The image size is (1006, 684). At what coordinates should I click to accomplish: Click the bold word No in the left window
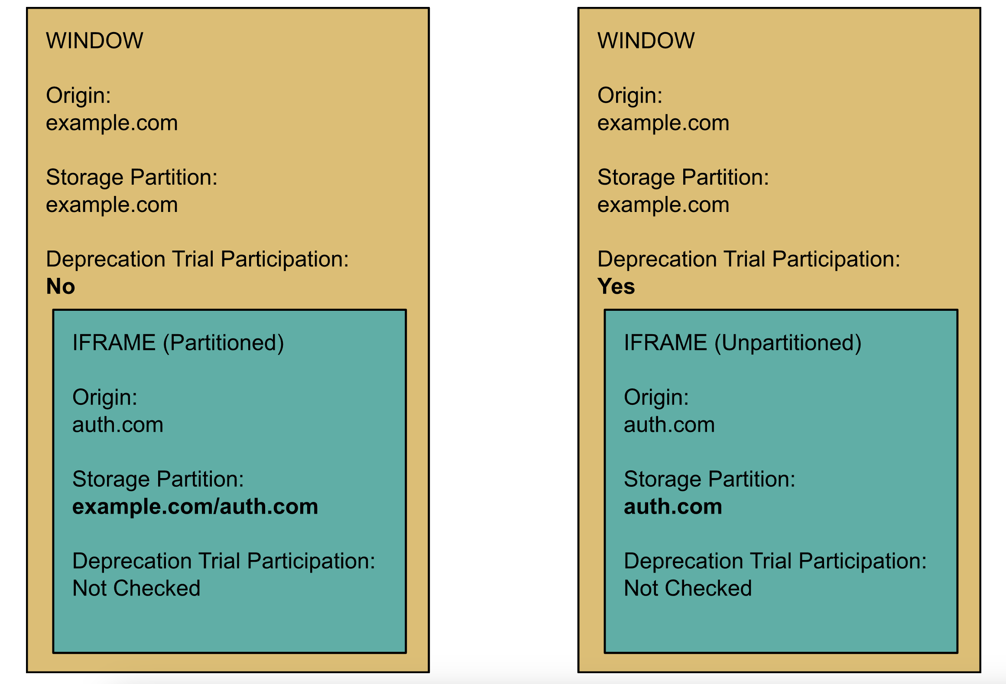click(61, 287)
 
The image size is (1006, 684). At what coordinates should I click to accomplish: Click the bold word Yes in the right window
click(616, 287)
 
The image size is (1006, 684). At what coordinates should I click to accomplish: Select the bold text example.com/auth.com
click(195, 506)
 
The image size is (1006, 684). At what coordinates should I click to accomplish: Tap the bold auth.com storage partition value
click(672, 506)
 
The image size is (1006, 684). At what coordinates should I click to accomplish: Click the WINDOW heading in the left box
click(94, 41)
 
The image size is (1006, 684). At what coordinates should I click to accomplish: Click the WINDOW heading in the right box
click(646, 41)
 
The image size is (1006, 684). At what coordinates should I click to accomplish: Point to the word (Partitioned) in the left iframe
click(223, 343)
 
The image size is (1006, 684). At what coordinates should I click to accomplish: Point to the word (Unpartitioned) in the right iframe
click(787, 343)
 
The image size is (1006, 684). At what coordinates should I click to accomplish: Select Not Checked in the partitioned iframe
click(136, 588)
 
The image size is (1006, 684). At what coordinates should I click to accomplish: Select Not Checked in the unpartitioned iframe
click(688, 588)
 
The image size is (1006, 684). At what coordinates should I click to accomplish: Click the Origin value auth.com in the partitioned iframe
click(117, 425)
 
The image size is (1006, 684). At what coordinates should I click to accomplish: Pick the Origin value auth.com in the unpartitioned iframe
click(669, 425)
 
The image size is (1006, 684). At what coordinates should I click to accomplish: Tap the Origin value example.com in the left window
click(112, 123)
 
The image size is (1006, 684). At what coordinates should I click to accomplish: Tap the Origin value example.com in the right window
click(663, 123)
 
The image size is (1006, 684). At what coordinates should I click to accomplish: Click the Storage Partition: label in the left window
click(132, 177)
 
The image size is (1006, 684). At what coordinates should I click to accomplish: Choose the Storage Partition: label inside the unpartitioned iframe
click(709, 479)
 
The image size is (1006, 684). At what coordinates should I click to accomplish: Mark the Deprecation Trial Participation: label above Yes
click(749, 259)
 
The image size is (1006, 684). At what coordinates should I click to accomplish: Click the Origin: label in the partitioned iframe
click(104, 397)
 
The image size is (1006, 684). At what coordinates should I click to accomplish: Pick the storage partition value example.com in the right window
click(663, 205)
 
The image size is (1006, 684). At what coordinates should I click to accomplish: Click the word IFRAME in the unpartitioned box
click(665, 343)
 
